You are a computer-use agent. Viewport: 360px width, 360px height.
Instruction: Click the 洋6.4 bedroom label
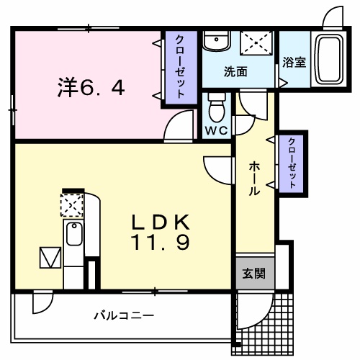click(91, 88)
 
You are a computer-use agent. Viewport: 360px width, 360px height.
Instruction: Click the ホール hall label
click(254, 179)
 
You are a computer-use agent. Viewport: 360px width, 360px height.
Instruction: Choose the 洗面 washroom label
click(235, 72)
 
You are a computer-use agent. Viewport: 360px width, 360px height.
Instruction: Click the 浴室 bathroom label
click(294, 62)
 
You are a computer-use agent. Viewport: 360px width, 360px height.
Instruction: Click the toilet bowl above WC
click(216, 109)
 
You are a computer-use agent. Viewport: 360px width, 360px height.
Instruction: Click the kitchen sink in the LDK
click(73, 234)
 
